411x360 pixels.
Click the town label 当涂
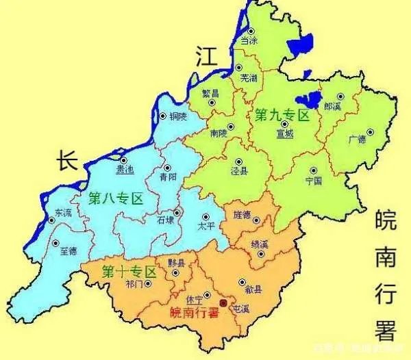tap(249, 41)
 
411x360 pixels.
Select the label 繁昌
tap(212, 93)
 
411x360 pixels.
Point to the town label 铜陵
tap(177, 117)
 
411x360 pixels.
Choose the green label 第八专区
tap(116, 199)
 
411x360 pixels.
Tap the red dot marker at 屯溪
tap(222, 303)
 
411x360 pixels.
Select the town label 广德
tap(358, 140)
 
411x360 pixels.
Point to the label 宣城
tap(284, 134)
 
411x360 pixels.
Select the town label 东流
tap(62, 212)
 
